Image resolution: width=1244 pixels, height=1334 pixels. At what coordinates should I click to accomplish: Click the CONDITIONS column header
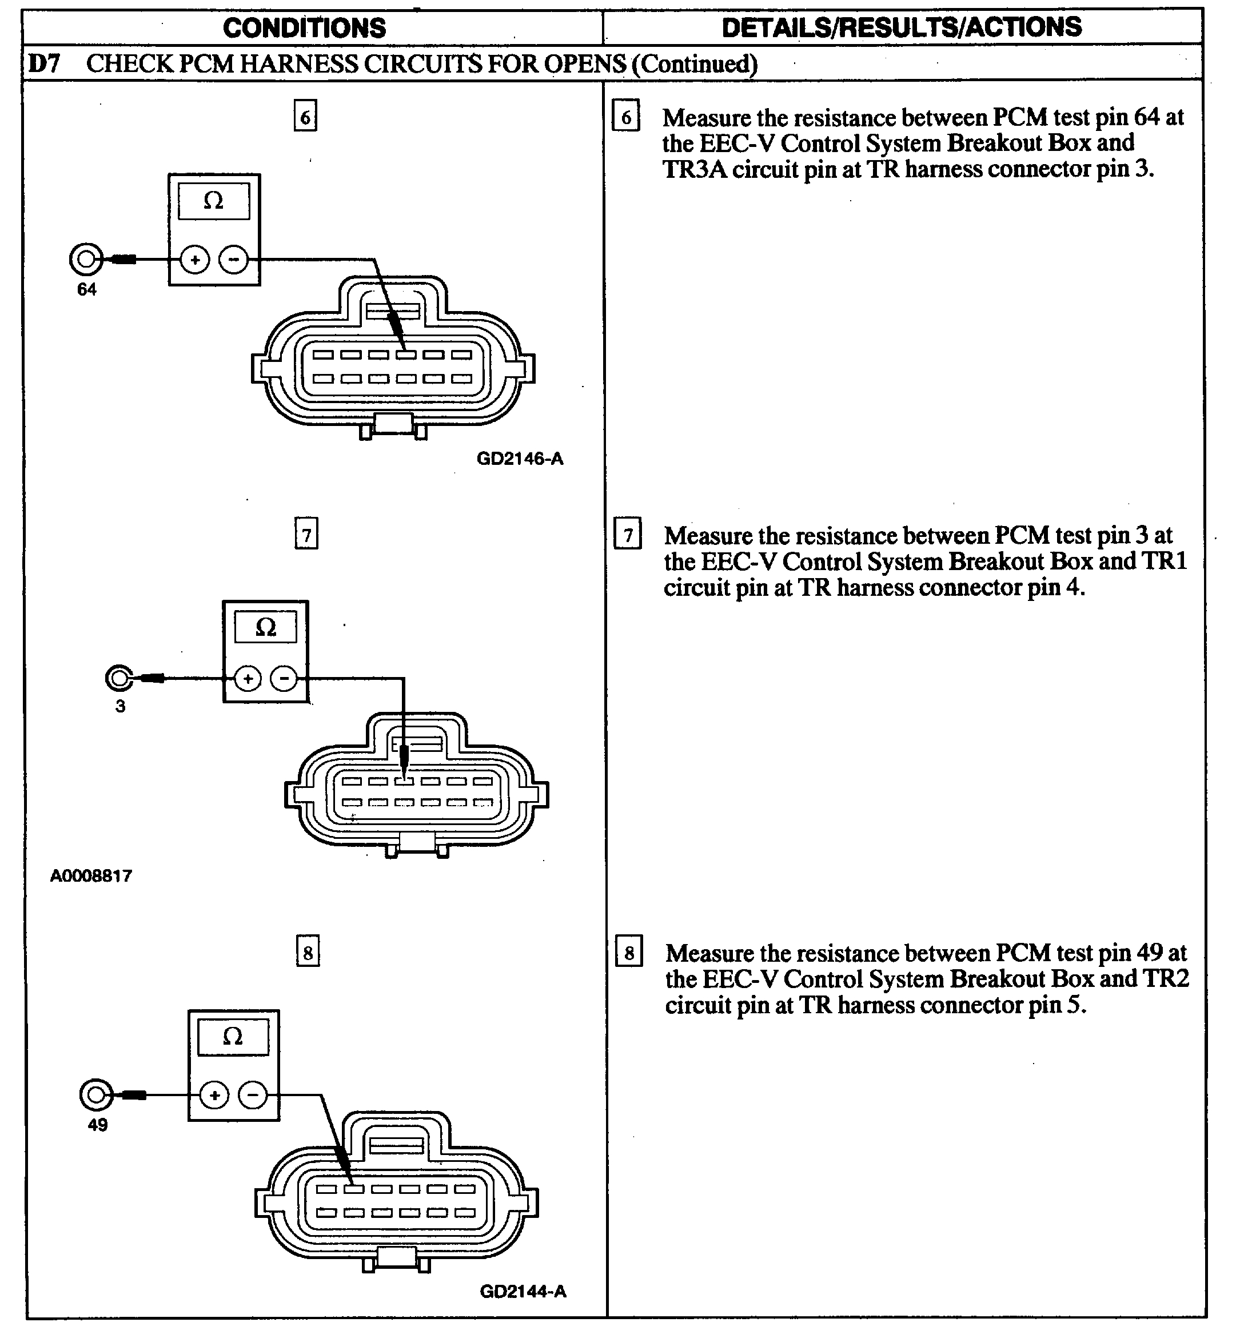point(304,28)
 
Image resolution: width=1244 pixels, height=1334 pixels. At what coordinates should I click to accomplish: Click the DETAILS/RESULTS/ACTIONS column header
point(901,27)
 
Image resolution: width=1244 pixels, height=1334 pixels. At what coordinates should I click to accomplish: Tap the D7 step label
point(44,63)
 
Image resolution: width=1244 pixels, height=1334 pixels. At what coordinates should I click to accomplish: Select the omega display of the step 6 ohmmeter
point(213,200)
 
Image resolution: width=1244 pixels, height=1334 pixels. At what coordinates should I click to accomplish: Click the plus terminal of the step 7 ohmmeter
point(248,678)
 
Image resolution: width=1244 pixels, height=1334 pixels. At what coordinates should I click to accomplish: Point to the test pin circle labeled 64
point(86,259)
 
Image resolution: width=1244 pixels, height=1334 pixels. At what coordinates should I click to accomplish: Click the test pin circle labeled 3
point(119,678)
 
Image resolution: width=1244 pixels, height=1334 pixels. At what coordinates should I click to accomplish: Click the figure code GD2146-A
point(519,459)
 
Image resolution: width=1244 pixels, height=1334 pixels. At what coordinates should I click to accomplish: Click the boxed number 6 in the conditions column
point(305,117)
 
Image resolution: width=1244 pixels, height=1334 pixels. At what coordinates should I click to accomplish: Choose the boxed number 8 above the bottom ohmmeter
point(308,952)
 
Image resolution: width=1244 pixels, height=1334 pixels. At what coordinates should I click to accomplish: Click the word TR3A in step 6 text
point(694,169)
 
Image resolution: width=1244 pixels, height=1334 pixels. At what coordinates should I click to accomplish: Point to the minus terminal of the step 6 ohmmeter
point(233,260)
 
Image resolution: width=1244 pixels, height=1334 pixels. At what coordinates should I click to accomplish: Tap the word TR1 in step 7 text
point(1165,561)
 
